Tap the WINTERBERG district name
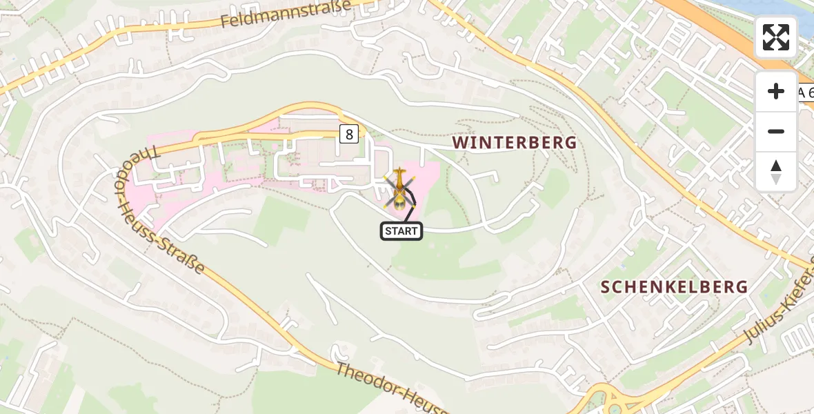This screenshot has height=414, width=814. tap(514, 143)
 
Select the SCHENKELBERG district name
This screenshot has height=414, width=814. tap(674, 287)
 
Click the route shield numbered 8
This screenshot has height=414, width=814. tap(349, 135)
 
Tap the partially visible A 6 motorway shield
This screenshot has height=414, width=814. tap(806, 93)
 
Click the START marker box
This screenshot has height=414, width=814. tap(401, 231)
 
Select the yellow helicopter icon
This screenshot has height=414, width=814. tap(399, 188)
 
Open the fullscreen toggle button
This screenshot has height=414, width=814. tap(776, 37)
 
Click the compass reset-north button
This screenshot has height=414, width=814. tap(776, 172)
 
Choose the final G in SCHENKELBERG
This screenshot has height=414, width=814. tap(740, 287)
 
